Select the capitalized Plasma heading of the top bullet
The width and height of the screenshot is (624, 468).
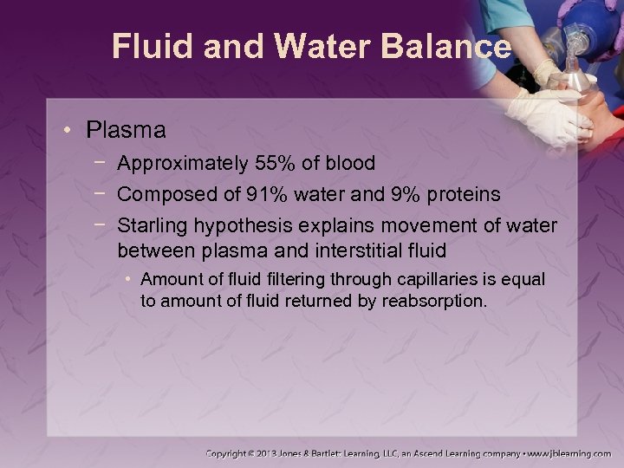(126, 131)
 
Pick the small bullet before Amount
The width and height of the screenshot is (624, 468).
(128, 279)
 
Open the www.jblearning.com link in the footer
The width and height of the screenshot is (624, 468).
(569, 453)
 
